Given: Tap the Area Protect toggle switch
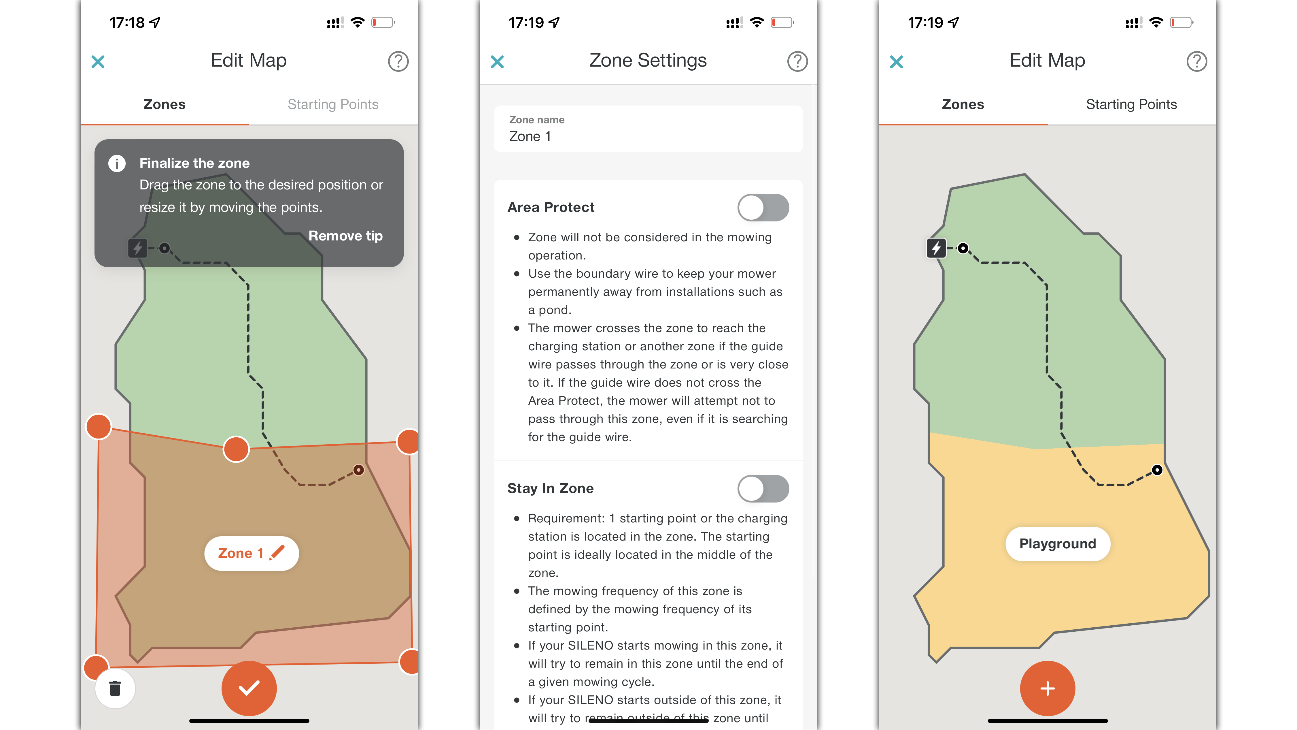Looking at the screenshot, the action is coord(763,208).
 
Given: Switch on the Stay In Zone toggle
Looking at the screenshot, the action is coord(763,488).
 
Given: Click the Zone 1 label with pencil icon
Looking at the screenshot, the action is coord(251,553).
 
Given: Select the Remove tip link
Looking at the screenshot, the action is coord(345,236).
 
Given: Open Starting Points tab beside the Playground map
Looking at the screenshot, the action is coord(1131,104).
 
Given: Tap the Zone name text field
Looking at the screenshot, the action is coord(648,129).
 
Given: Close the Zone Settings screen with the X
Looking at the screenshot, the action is coord(497,62).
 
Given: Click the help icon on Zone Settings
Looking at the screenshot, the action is coord(797,61).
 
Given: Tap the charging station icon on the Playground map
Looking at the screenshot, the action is coord(936,248).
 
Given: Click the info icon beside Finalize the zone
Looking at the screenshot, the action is coord(117,163).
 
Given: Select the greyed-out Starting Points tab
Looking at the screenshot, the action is coord(333,104).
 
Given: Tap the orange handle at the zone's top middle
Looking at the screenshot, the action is coord(236,449).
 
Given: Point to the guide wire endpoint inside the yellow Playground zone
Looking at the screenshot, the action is coord(1157,470).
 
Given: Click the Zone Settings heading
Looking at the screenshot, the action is coord(648,61).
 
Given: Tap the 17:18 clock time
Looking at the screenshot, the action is coord(127,23).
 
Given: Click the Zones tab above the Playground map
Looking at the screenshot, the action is coord(963,104).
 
